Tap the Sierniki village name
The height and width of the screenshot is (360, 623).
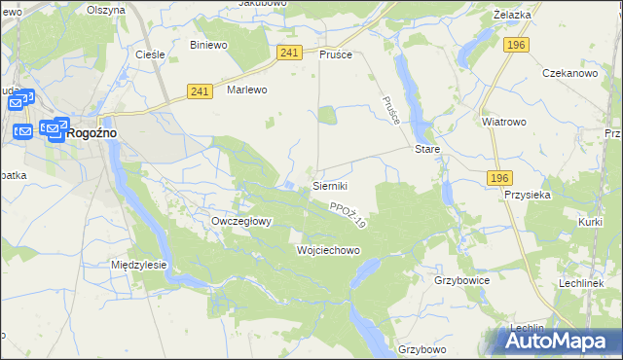pyautogui.click(x=330, y=185)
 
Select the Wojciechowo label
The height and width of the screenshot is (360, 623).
pyautogui.click(x=328, y=250)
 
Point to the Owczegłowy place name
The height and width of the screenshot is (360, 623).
pyautogui.click(x=241, y=221)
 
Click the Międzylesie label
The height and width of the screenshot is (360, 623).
pyautogui.click(x=139, y=265)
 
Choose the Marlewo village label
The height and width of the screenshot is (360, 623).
pyautogui.click(x=246, y=90)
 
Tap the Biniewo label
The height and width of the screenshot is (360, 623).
pyautogui.click(x=208, y=45)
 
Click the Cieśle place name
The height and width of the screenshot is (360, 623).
pyautogui.click(x=149, y=54)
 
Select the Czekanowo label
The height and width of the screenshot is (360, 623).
pyautogui.click(x=568, y=74)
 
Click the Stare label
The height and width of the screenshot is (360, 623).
pyautogui.click(x=428, y=151)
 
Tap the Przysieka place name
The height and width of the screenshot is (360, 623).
pyautogui.click(x=529, y=194)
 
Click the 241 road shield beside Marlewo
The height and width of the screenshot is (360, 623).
pyautogui.click(x=200, y=91)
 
